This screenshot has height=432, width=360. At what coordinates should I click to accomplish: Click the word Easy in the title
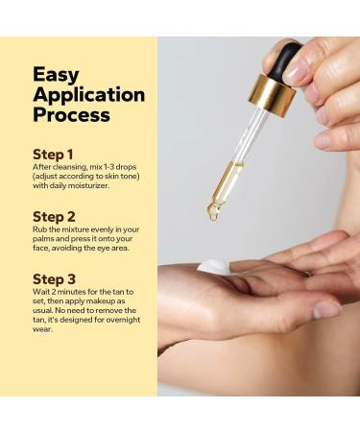coord(56,74)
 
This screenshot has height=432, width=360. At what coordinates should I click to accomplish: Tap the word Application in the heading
coord(88,94)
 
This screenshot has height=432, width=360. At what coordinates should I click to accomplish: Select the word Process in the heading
coord(71,115)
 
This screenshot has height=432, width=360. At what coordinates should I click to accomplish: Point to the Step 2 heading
coord(54,216)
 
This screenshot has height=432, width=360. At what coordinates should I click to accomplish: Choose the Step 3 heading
coord(54,279)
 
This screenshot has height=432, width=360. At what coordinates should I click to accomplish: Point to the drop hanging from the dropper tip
coord(213,213)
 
